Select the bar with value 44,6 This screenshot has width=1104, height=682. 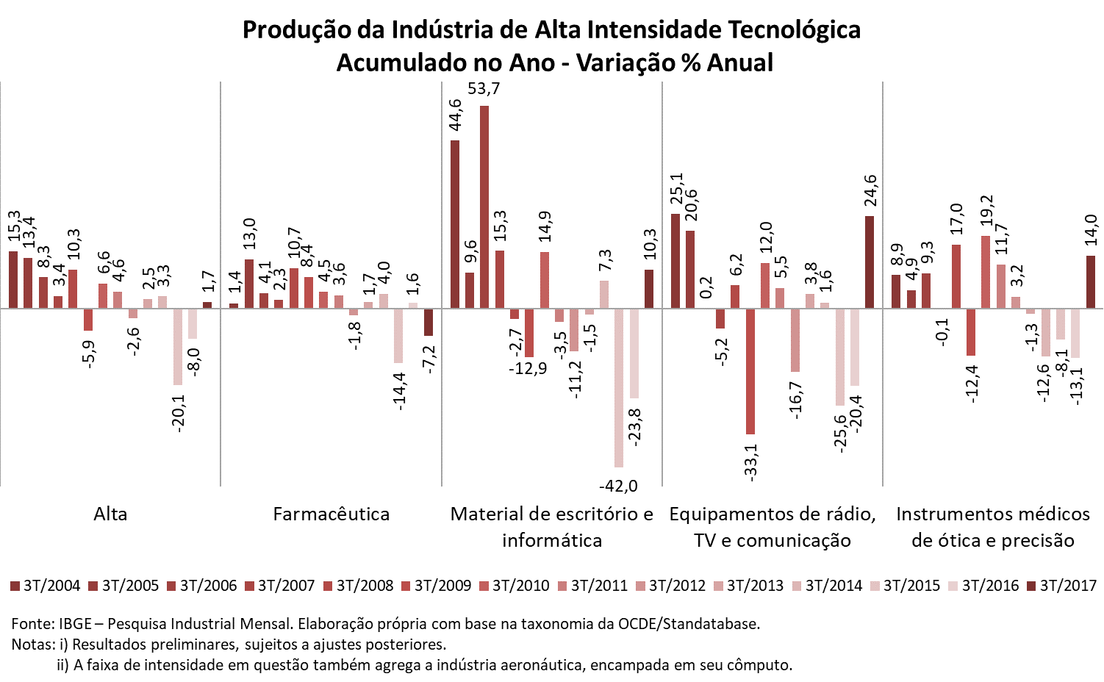tap(455, 224)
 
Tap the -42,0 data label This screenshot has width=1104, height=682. tap(618, 486)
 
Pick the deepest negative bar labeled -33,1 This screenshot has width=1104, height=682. tap(750, 371)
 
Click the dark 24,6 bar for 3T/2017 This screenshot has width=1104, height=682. tap(870, 262)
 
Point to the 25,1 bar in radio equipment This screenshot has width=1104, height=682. tap(675, 261)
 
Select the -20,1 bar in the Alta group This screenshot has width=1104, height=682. tap(178, 347)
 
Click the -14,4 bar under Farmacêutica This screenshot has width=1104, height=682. tap(398, 336)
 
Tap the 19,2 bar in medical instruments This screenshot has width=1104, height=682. tap(986, 272)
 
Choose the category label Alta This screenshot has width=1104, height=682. tap(110, 514)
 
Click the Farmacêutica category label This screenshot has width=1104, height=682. tap(331, 514)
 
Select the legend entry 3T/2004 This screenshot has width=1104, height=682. tap(46, 586)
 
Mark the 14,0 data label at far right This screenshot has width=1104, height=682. tap(1091, 232)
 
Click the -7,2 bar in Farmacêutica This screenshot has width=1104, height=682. tap(429, 323)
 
